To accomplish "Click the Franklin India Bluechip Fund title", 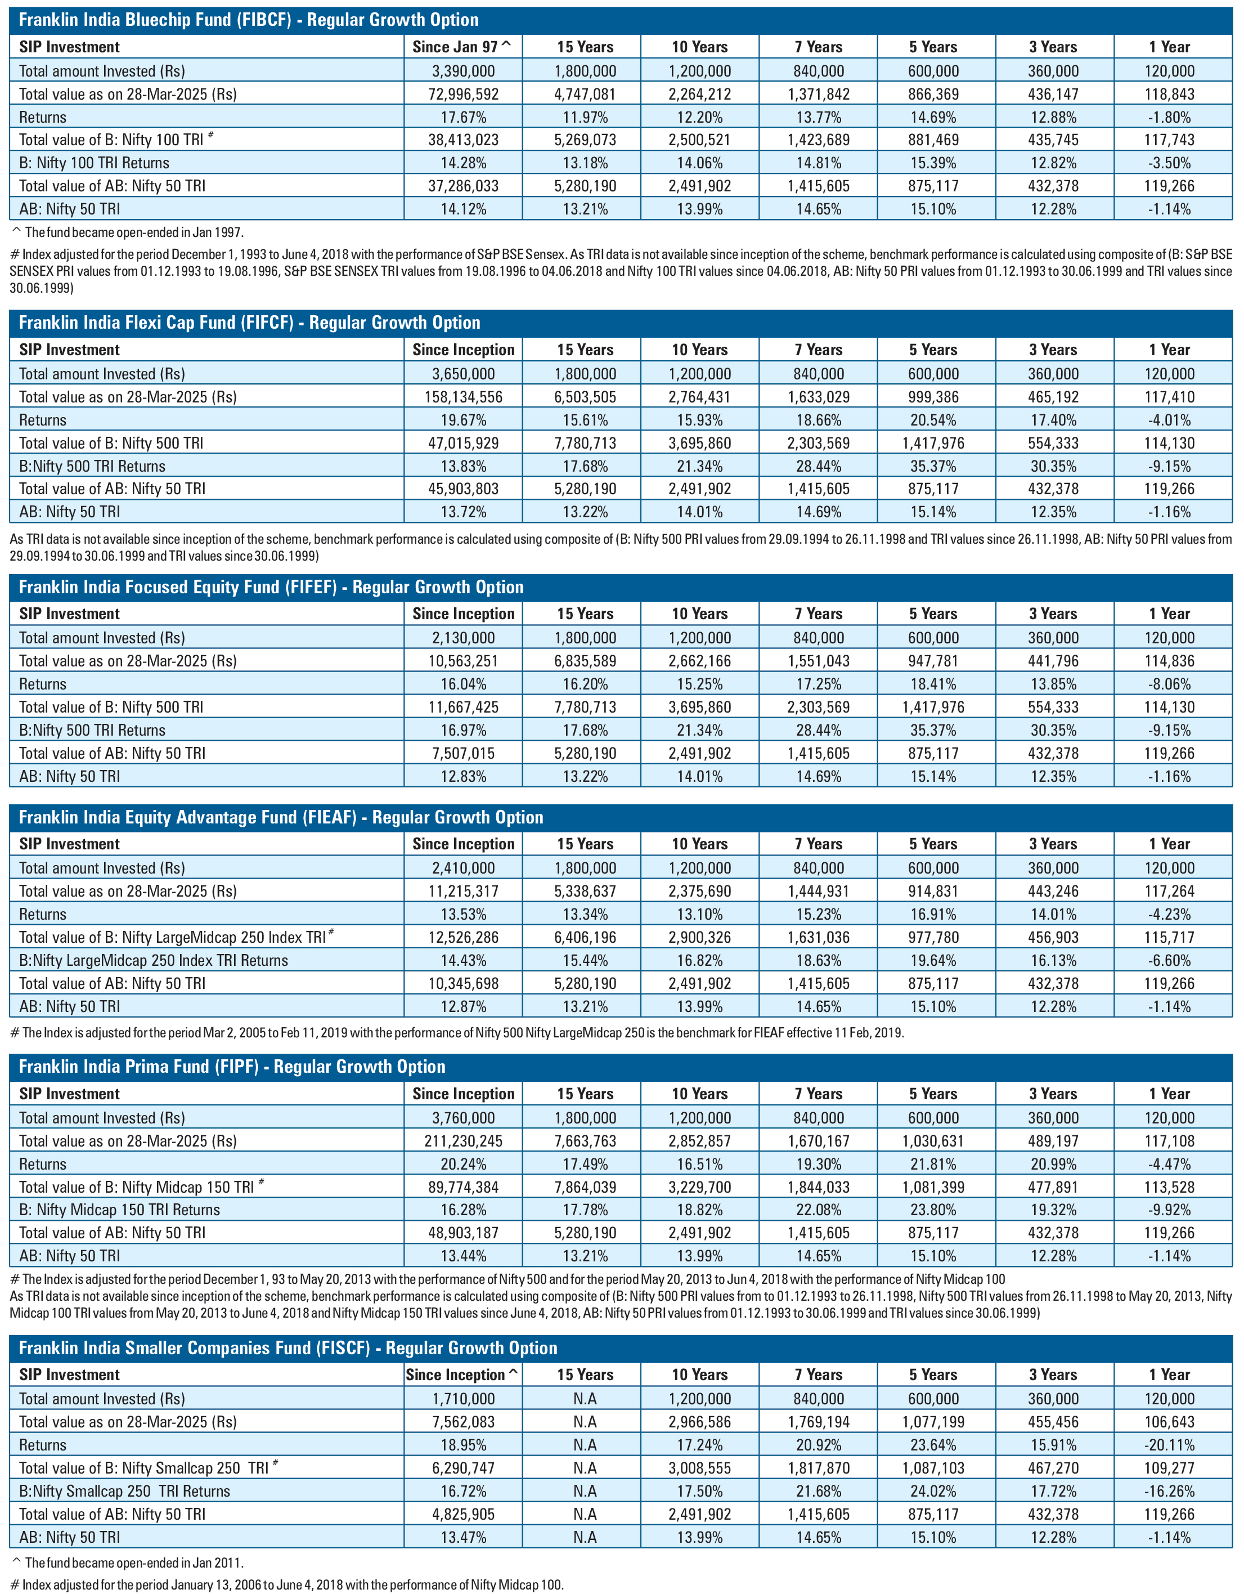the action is pyautogui.click(x=249, y=20).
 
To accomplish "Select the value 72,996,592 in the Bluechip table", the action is pyautogui.click(x=463, y=94).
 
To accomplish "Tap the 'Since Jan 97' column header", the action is pyautogui.click(x=462, y=47).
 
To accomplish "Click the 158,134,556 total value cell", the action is pyautogui.click(x=463, y=397).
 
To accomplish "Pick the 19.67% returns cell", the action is pyautogui.click(x=463, y=420).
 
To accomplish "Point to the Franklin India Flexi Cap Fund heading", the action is pyautogui.click(x=249, y=323).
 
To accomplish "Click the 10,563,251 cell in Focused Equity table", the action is pyautogui.click(x=463, y=661).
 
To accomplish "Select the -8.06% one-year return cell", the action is pyautogui.click(x=1170, y=684).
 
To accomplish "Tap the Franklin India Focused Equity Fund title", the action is pyautogui.click(x=271, y=587).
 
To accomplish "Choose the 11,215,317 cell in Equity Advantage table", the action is pyautogui.click(x=463, y=891).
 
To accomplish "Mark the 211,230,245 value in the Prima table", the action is pyautogui.click(x=463, y=1141).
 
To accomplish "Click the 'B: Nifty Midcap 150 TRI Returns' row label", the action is pyautogui.click(x=120, y=1210).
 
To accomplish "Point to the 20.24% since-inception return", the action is pyautogui.click(x=463, y=1164).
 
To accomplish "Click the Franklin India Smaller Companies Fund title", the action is pyautogui.click(x=288, y=1348).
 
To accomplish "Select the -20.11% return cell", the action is pyautogui.click(x=1170, y=1445).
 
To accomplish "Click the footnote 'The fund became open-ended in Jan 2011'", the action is pyautogui.click(x=128, y=1562).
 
